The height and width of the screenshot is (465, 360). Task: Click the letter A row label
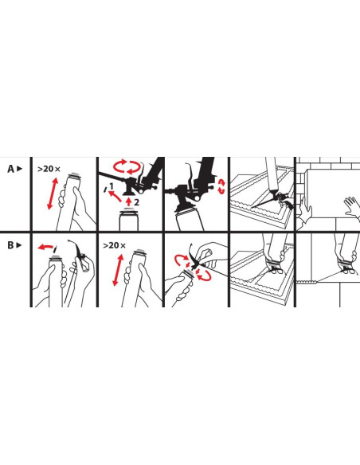click(10, 169)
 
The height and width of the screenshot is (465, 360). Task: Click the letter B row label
click(10, 245)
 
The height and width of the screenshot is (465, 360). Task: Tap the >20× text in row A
click(49, 169)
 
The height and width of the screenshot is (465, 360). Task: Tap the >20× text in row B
click(114, 245)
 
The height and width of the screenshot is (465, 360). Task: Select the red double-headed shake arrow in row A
click(53, 193)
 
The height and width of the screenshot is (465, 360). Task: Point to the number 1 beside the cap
click(112, 186)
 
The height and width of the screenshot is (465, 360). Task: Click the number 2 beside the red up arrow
click(136, 202)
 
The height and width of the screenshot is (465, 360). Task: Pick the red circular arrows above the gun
click(127, 166)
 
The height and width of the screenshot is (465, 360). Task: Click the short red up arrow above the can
click(128, 201)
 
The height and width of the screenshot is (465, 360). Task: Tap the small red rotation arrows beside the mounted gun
click(221, 186)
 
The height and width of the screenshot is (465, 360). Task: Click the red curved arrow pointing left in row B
click(45, 247)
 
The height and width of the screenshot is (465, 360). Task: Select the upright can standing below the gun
click(129, 220)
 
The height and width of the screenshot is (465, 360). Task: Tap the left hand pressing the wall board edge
click(304, 212)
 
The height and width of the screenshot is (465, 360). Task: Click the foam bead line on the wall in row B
click(307, 282)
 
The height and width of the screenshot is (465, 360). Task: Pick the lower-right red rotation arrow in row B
click(203, 275)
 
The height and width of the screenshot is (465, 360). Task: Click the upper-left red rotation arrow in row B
click(181, 260)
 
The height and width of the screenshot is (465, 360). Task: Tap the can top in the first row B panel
click(55, 258)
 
